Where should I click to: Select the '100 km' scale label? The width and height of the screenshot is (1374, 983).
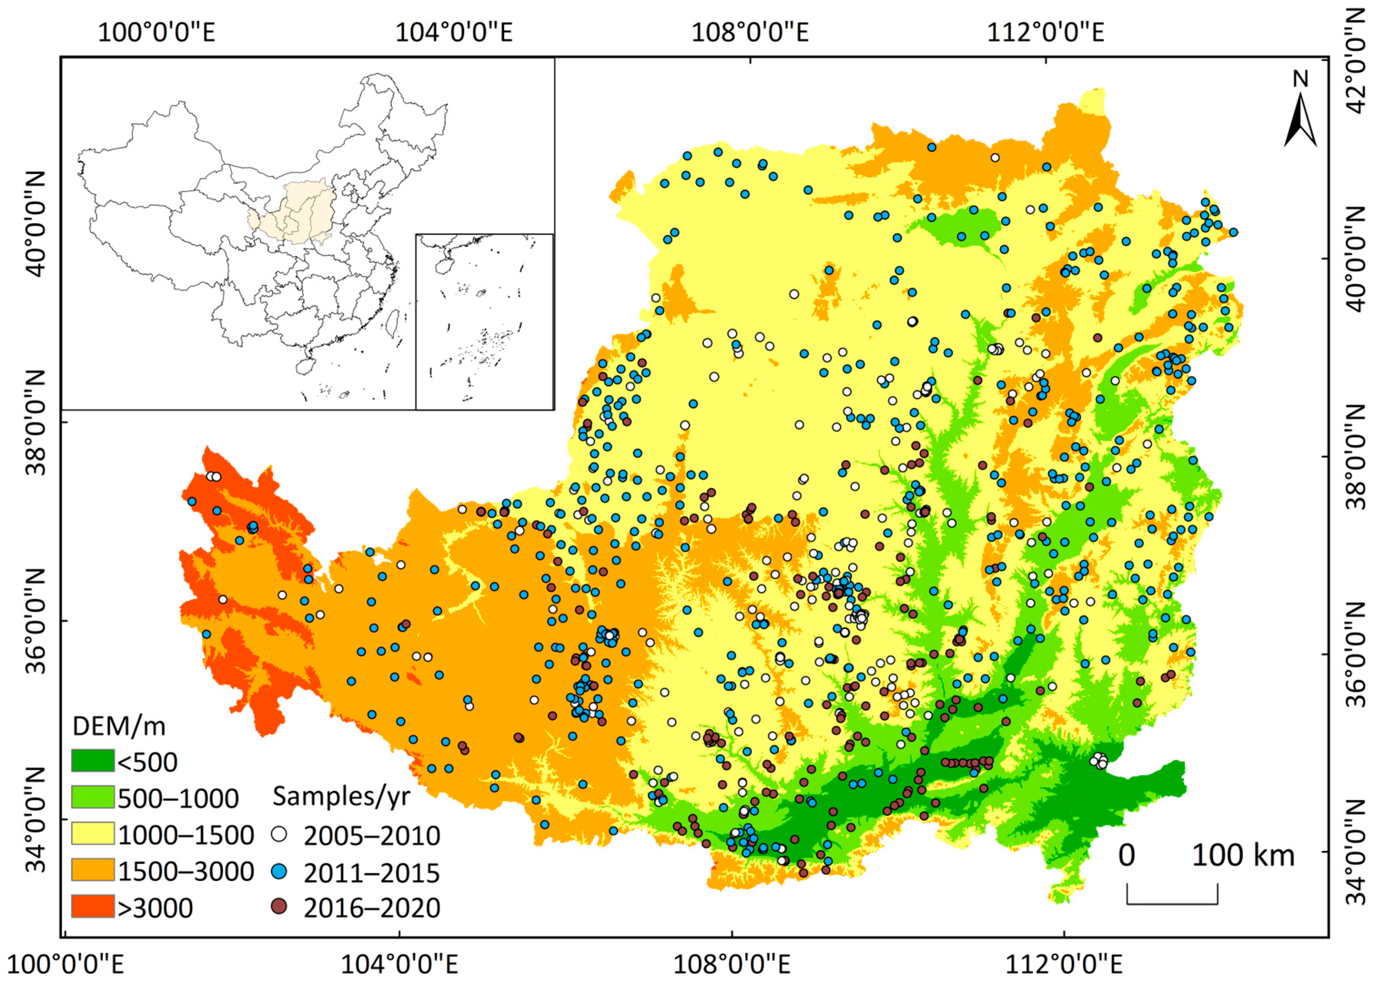point(1243,855)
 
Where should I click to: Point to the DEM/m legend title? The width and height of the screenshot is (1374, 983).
point(119,726)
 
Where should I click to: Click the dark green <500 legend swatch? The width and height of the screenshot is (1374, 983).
point(93,761)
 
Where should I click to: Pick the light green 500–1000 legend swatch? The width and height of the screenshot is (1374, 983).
point(93,798)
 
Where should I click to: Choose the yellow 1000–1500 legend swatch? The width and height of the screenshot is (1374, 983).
point(93,834)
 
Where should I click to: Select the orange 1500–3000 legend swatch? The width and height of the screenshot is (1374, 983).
point(93,870)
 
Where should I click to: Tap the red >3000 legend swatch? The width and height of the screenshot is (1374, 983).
point(93,907)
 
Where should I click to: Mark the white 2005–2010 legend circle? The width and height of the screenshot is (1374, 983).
point(279,835)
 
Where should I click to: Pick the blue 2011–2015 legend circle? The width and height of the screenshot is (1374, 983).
point(279,872)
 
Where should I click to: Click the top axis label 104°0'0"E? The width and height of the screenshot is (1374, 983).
point(454,32)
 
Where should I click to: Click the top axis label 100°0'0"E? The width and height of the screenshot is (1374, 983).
point(156,32)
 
